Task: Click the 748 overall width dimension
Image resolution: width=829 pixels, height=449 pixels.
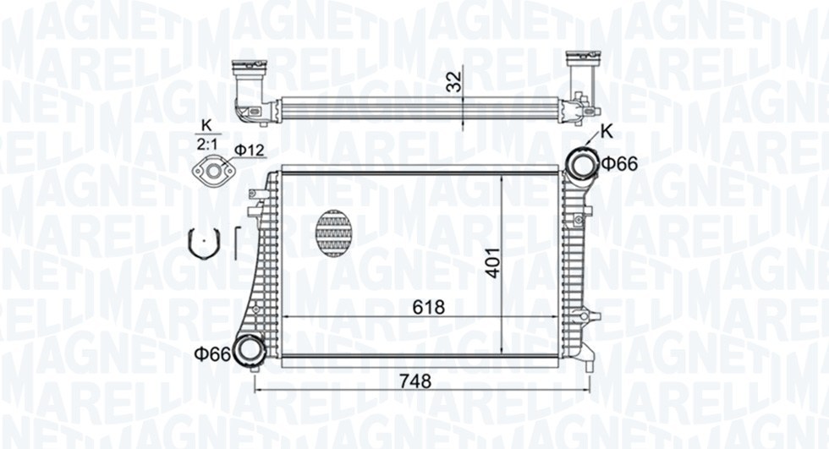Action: [x=415, y=381]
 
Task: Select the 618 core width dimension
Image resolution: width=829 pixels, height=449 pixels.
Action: [x=429, y=307]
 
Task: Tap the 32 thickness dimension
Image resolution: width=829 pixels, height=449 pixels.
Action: [x=453, y=81]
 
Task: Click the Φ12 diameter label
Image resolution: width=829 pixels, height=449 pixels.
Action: [x=249, y=150]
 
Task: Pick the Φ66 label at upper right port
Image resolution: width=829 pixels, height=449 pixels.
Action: [x=619, y=164]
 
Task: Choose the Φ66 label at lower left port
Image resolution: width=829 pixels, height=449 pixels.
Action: [x=212, y=354]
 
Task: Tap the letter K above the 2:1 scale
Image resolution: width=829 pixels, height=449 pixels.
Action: [x=206, y=125]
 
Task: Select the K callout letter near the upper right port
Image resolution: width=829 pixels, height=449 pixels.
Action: [x=607, y=132]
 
